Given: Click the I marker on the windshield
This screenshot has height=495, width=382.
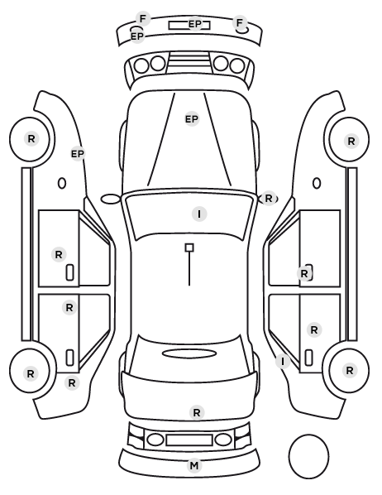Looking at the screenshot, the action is (199, 214).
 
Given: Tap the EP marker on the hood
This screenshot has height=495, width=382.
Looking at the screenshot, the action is (192, 119).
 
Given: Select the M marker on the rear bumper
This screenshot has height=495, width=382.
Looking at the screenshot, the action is (194, 466).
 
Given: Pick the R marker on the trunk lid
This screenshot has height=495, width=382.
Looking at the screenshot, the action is (197, 412).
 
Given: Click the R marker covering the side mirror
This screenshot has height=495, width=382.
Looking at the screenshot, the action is (269, 199).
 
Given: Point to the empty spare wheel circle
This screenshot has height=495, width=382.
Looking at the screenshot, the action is (308, 456).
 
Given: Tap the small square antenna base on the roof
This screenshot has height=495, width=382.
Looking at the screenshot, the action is (189, 247).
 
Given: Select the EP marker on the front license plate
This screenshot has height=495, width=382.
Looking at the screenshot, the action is (194, 24).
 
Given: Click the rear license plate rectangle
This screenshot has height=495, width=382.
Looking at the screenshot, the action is (189, 440).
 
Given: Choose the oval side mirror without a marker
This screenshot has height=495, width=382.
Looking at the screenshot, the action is (111, 199).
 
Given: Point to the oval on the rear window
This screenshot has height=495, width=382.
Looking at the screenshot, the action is (189, 353).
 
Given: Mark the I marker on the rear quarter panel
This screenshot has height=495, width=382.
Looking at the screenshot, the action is (283, 362).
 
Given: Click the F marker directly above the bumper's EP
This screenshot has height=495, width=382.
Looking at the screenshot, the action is (143, 19).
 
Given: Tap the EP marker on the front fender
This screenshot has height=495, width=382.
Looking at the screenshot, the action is (78, 154).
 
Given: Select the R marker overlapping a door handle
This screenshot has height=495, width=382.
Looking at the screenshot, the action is (304, 274).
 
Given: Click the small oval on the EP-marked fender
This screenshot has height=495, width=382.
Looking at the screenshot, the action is (62, 183).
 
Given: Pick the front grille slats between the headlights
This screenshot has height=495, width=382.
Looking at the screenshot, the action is (189, 63).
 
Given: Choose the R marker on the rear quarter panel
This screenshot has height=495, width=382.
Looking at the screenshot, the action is (72, 383).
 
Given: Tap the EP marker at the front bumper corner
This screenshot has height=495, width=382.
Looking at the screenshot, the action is (137, 36).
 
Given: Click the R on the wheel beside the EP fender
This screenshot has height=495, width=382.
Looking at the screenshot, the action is (31, 138).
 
